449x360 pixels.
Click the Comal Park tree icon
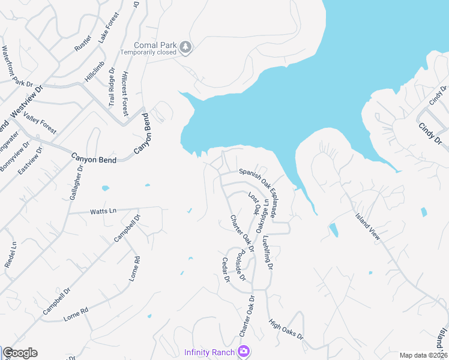coord(186,47)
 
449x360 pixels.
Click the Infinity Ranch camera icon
coord(244,352)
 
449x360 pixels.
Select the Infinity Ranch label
coord(209,352)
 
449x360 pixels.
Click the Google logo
coord(20,353)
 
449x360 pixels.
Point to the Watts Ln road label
coord(103,211)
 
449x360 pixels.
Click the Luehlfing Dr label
coord(268,253)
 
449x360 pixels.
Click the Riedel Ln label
coord(11,256)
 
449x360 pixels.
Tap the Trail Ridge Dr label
coord(112,88)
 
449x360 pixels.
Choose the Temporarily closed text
coord(148,52)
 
